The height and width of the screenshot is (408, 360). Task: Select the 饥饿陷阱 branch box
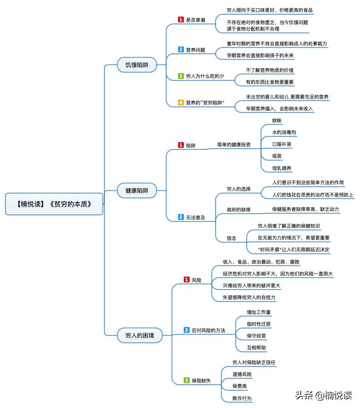pyautogui.click(x=136, y=65)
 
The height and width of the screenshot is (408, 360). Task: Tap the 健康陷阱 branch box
pyautogui.click(x=136, y=190)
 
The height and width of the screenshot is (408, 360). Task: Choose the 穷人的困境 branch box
pyautogui.click(x=136, y=336)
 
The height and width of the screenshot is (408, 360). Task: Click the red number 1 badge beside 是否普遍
pyautogui.click(x=181, y=20)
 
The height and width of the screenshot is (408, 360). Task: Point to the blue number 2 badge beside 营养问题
pyautogui.click(x=181, y=50)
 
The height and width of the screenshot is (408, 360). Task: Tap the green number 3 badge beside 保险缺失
pyautogui.click(x=187, y=380)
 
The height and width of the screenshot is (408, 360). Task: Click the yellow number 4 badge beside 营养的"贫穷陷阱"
pyautogui.click(x=181, y=102)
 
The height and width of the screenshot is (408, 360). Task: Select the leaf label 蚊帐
pyautogui.click(x=277, y=120)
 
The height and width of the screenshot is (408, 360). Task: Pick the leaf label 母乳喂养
pyautogui.click(x=282, y=168)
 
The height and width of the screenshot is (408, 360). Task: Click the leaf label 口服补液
pyautogui.click(x=282, y=144)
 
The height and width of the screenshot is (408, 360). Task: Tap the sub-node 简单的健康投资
pyautogui.click(x=233, y=145)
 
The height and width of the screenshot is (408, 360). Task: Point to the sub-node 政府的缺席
pyautogui.click(x=238, y=209)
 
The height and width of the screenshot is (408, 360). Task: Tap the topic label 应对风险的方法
pyautogui.click(x=208, y=330)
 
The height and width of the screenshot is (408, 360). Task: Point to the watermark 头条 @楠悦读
pyautogui.click(x=323, y=395)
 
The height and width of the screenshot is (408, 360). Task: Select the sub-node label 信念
pyautogui.click(x=231, y=238)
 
